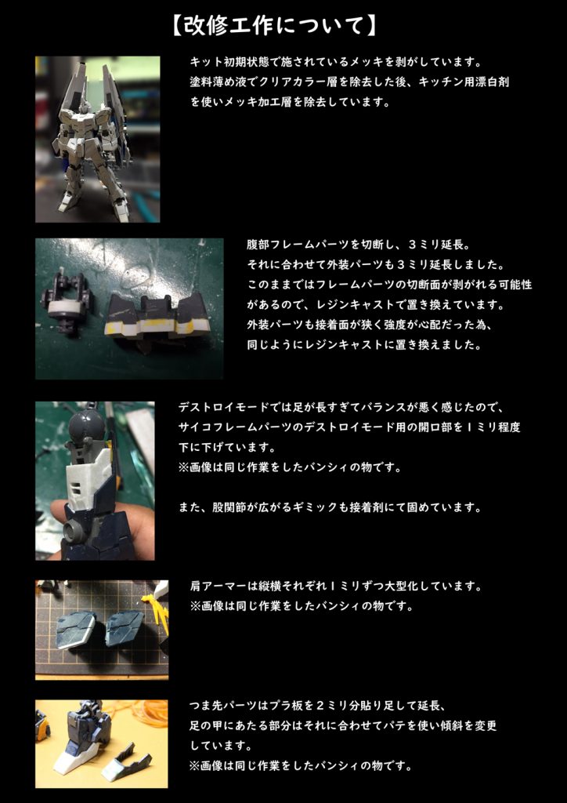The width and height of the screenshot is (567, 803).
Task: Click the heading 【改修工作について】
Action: pos(275,26)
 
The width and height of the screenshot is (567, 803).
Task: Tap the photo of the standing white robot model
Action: pos(97,139)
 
